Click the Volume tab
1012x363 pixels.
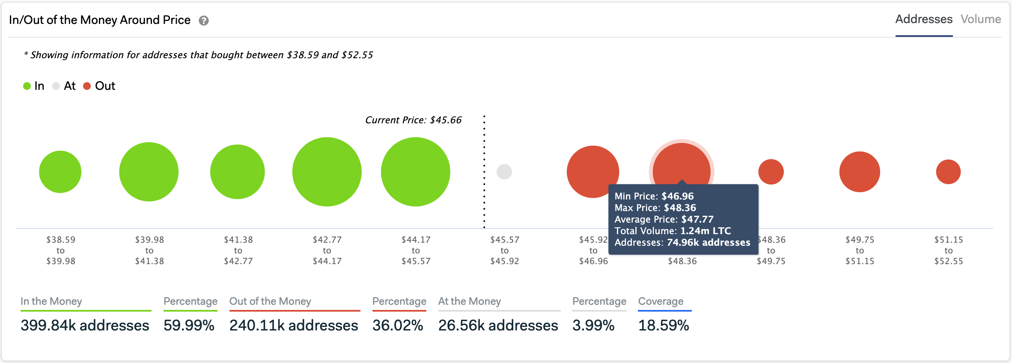coord(980,19)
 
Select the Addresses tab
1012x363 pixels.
coord(924,19)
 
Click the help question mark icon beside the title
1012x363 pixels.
coord(204,21)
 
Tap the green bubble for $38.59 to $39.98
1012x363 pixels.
coord(60,172)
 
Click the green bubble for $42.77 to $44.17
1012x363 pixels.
coord(327,172)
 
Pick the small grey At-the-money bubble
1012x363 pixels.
coord(504,172)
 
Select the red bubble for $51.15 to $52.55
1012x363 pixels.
coord(948,172)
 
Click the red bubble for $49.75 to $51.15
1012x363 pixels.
coord(860,172)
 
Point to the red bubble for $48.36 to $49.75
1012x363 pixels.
coord(771,172)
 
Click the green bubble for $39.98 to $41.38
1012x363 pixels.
coord(149,172)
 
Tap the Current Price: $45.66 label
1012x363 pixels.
coord(413,120)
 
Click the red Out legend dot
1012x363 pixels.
coord(87,86)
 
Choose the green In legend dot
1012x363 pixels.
coord(27,86)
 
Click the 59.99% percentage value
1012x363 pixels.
coord(189,325)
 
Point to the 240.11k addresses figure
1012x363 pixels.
coord(294,325)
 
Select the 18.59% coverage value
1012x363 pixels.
coord(664,325)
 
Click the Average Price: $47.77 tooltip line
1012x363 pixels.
coord(664,219)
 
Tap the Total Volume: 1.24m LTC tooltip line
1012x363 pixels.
coord(673,231)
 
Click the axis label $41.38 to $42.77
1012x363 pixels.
coord(238,250)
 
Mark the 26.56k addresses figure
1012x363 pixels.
coord(498,325)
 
